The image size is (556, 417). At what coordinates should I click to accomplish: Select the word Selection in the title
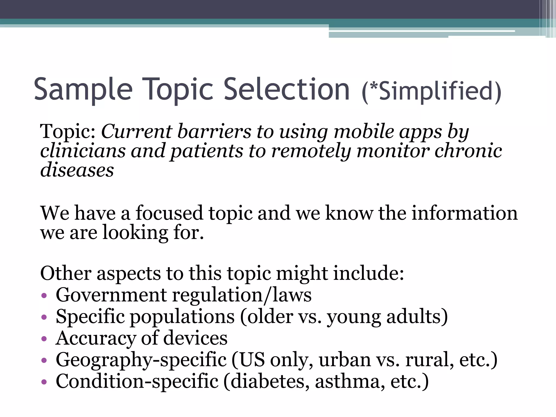(287, 89)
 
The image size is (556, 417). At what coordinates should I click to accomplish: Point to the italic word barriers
(214, 131)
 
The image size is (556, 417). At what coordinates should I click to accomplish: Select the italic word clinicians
(83, 151)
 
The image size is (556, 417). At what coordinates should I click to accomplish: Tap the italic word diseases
(77, 170)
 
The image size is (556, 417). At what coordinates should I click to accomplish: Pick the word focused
(169, 213)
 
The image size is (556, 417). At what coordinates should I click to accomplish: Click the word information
(465, 213)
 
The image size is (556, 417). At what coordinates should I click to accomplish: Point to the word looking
(135, 233)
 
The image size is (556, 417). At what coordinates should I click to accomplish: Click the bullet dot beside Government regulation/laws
(44, 296)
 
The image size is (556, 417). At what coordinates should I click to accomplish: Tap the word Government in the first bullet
(111, 295)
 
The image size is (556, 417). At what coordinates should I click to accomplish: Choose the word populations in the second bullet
(182, 317)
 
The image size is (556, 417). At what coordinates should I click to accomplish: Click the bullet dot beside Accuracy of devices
(44, 339)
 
